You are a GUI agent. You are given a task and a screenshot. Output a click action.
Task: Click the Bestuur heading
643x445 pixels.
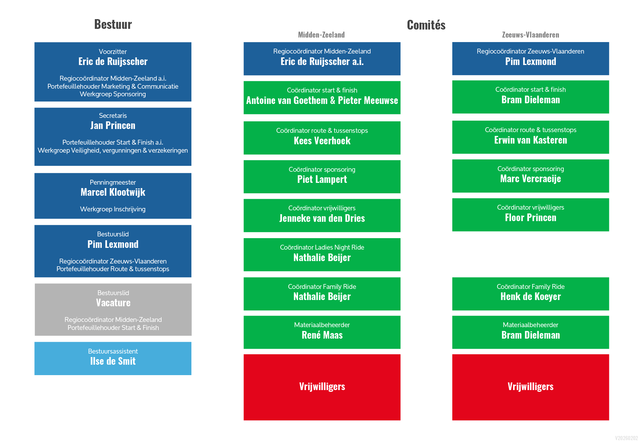click(113, 24)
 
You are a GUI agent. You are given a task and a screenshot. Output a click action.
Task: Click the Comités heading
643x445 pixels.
click(426, 25)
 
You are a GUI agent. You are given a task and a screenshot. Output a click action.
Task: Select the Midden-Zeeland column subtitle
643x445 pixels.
click(321, 35)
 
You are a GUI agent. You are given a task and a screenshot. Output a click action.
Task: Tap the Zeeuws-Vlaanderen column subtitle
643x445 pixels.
click(530, 35)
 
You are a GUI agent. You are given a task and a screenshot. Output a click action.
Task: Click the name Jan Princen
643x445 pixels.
click(113, 126)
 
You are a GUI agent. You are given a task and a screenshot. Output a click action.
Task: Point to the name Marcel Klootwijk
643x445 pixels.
click(113, 192)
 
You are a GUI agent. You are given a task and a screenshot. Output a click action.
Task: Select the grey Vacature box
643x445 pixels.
click(113, 309)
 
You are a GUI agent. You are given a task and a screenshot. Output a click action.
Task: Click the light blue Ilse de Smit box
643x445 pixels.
click(113, 358)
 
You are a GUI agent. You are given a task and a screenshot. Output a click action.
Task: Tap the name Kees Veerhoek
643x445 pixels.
click(322, 141)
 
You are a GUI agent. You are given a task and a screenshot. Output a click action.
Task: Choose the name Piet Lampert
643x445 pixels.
click(322, 179)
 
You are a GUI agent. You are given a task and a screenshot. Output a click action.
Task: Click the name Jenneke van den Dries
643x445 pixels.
click(322, 218)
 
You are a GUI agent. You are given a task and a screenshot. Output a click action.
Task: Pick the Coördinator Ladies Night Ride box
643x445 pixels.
click(322, 255)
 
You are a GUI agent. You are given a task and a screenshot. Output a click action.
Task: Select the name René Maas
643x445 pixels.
click(322, 335)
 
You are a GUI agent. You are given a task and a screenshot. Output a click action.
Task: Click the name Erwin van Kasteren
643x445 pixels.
click(530, 140)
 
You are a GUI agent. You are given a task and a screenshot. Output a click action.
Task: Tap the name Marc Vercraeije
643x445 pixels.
click(530, 179)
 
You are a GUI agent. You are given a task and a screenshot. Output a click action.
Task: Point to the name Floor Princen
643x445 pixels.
click(530, 218)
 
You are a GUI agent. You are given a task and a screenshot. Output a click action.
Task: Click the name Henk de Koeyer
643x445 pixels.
click(530, 297)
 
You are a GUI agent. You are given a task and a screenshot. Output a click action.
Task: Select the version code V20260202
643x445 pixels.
click(626, 438)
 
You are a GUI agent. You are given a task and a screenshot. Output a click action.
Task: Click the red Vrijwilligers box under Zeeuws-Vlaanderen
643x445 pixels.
click(530, 387)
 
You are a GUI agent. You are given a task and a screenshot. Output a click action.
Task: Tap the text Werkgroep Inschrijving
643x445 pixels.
click(113, 209)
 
